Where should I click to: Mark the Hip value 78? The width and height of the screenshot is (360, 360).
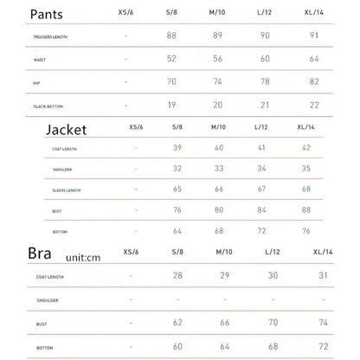tap(267, 81)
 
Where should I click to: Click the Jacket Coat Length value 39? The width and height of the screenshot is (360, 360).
tap(178, 148)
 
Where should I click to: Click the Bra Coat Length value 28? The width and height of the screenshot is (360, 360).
tap(178, 274)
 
